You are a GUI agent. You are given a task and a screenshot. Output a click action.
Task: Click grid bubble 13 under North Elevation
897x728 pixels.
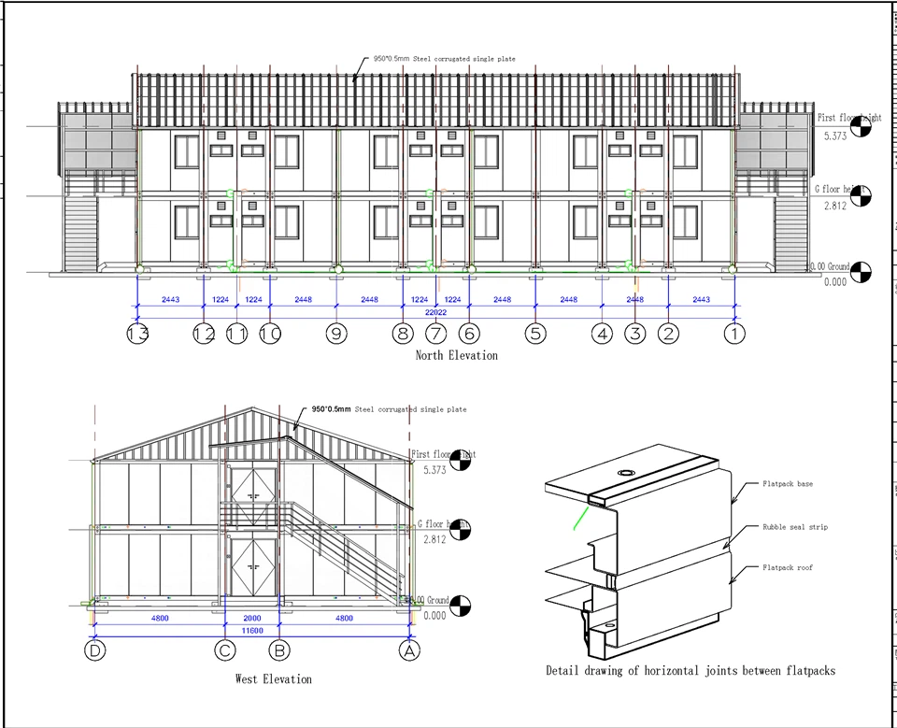(x=138, y=333)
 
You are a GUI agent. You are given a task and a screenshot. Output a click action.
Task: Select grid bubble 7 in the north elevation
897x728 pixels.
(x=436, y=333)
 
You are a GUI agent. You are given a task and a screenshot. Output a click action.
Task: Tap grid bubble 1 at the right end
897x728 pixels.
(x=735, y=333)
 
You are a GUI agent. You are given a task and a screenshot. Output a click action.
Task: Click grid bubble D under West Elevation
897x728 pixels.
(x=94, y=650)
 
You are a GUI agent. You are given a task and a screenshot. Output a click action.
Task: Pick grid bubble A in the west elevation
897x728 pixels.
(x=408, y=650)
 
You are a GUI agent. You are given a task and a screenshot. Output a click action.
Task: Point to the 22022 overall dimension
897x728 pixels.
(x=436, y=313)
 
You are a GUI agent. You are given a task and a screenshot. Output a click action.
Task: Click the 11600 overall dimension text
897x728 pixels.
(x=250, y=632)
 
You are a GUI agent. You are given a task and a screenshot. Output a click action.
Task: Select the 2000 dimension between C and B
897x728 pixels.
(x=252, y=618)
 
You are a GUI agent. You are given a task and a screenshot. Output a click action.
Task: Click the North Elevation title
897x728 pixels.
(x=456, y=355)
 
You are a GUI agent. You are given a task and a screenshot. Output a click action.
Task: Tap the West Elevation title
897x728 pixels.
(x=273, y=678)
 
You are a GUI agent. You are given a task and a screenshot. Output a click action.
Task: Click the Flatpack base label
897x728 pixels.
(x=787, y=484)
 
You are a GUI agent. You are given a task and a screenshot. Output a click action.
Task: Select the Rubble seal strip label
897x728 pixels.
(x=794, y=527)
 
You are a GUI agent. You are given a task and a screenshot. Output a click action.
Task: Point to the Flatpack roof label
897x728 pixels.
(x=787, y=567)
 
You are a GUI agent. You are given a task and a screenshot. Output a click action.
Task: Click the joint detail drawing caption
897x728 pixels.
(x=691, y=670)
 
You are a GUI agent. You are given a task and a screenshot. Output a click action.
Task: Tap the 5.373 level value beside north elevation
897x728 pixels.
(x=834, y=136)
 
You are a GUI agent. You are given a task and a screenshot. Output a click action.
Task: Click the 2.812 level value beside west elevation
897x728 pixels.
(x=434, y=540)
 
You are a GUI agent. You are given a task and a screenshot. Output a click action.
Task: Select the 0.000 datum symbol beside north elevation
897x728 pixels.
(x=861, y=272)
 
